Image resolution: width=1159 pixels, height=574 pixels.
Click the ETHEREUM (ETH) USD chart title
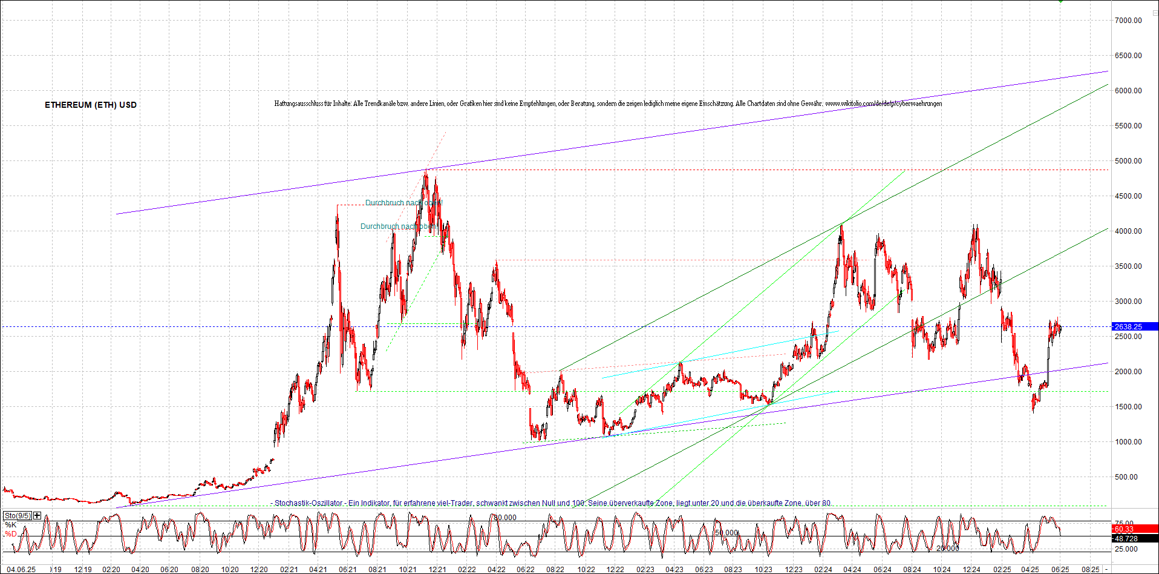click(91, 105)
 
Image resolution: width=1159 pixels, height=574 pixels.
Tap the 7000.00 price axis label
click(1128, 21)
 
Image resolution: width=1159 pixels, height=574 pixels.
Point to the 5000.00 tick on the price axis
click(1128, 161)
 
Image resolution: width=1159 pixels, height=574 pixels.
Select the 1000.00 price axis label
click(1128, 442)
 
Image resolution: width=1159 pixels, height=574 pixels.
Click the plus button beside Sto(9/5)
click(38, 516)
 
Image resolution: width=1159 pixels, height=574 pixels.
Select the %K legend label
click(10, 525)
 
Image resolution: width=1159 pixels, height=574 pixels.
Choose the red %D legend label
click(10, 534)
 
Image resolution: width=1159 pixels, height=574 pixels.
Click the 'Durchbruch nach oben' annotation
click(397, 226)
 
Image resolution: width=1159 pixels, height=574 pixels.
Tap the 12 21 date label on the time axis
click(437, 570)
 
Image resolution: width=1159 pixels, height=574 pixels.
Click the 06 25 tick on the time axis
click(1059, 570)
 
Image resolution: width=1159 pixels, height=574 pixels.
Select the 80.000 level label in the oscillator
click(505, 518)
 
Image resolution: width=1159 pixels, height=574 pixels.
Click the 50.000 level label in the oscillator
click(726, 533)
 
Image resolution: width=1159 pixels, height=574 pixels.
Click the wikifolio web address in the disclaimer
click(883, 104)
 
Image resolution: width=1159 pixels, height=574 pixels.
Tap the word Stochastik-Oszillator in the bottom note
click(309, 503)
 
